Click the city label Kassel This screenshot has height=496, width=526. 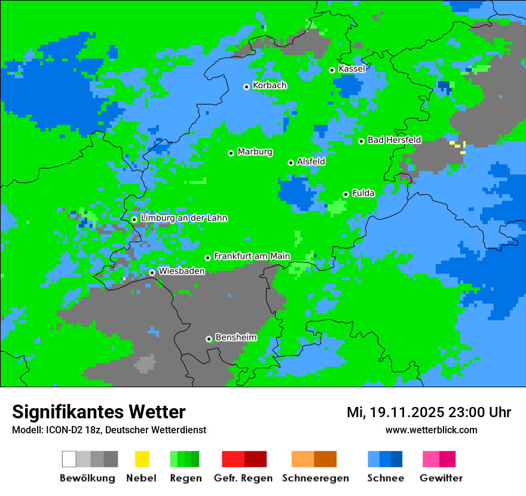[351, 69]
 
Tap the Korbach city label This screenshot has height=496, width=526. [270, 85]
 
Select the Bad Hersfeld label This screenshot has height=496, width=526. [394, 140]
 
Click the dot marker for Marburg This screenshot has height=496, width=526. [231, 153]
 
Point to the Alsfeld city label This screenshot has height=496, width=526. [311, 162]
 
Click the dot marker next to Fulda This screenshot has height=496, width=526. [345, 194]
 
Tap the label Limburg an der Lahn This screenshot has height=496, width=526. [184, 219]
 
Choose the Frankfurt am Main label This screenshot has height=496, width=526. [252, 256]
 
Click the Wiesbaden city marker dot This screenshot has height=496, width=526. [152, 273]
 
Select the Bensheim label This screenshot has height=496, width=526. [236, 338]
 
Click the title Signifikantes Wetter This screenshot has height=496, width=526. [99, 412]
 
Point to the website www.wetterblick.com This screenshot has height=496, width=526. [431, 430]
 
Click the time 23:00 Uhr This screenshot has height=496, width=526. [482, 412]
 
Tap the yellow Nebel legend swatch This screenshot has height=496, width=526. [142, 459]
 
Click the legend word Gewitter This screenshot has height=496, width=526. [441, 478]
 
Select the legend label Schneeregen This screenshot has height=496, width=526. [315, 478]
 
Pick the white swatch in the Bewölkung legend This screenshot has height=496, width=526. [69, 459]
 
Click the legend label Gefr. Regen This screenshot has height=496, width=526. [243, 478]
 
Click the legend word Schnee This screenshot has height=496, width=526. [385, 478]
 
